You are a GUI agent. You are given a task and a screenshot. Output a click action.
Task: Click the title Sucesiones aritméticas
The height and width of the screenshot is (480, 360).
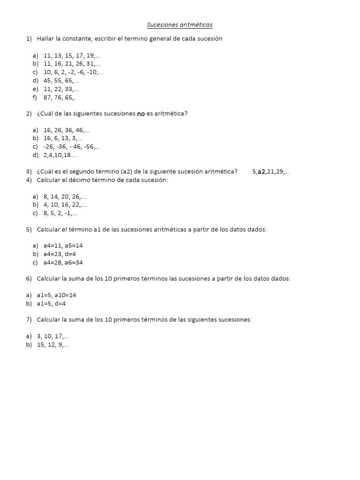click(x=180, y=25)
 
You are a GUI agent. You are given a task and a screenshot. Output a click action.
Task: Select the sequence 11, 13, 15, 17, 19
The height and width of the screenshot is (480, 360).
click(x=72, y=55)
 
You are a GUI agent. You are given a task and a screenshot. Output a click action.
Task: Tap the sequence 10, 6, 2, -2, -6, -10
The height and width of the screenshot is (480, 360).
click(x=73, y=72)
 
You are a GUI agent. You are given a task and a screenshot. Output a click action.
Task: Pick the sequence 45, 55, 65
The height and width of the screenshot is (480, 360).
click(x=61, y=81)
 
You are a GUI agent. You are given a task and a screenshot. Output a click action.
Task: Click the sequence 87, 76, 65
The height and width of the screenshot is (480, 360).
click(x=60, y=97)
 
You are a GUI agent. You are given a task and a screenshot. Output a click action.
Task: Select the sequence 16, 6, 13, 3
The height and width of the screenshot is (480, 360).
click(x=63, y=138)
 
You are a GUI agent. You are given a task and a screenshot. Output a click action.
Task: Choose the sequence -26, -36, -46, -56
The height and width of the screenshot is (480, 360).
click(x=72, y=147)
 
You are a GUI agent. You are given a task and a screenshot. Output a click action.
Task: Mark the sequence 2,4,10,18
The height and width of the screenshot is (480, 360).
click(x=60, y=155)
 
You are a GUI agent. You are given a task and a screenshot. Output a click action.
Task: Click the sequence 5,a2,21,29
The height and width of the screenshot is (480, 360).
click(x=271, y=172)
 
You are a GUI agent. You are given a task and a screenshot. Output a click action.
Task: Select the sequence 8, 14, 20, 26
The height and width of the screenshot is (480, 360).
click(x=65, y=196)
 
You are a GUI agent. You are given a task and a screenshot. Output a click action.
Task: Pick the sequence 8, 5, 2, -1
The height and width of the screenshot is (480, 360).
click(x=60, y=213)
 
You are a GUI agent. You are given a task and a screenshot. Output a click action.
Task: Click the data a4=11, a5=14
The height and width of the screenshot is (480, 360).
click(x=63, y=246)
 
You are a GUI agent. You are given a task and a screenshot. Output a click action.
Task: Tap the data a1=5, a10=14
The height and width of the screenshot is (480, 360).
click(x=56, y=295)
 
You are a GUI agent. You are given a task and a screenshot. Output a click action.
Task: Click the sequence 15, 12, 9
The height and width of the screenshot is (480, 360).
click(x=53, y=345)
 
